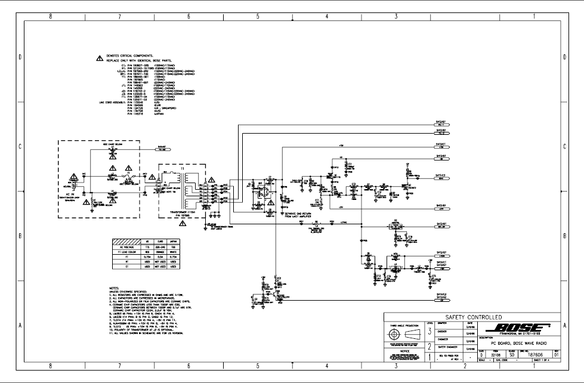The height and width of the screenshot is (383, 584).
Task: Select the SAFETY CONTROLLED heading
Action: [471, 316]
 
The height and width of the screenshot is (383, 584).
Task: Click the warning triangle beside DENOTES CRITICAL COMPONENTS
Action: [100, 58]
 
